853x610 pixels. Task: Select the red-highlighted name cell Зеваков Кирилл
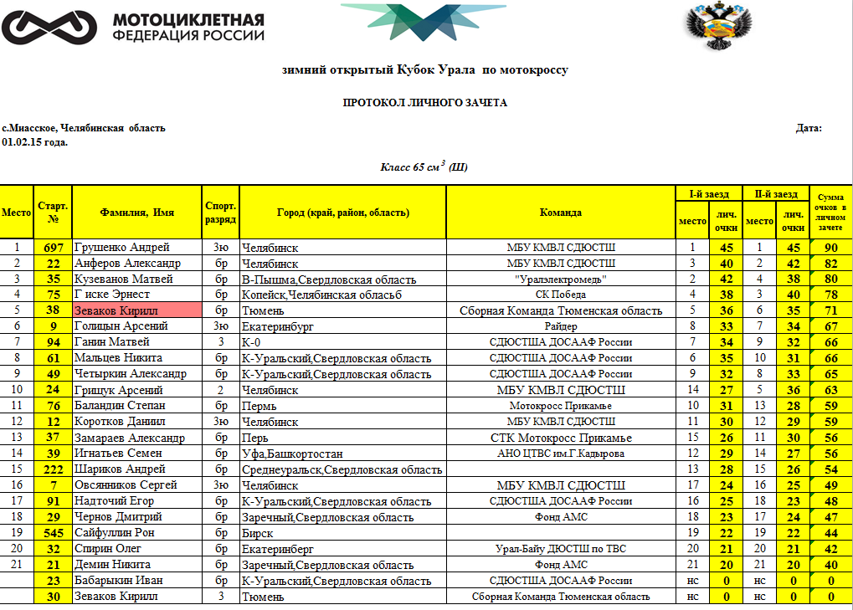point(137,310)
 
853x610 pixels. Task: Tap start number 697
point(54,248)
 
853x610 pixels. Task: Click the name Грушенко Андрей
point(122,248)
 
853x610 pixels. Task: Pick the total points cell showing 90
point(831,248)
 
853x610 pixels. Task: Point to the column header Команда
point(560,213)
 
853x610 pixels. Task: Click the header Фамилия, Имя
point(137,213)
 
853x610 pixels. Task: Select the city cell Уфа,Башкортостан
point(284,454)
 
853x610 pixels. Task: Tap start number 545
point(54,533)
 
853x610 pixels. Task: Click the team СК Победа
point(560,295)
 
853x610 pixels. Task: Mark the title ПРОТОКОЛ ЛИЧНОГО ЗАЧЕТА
point(425,103)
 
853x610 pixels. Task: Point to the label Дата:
point(809,128)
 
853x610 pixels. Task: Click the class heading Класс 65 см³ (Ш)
point(424,167)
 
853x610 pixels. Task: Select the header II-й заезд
point(776,194)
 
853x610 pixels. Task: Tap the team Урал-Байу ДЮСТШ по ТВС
point(560,549)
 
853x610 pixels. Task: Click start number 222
point(54,469)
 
